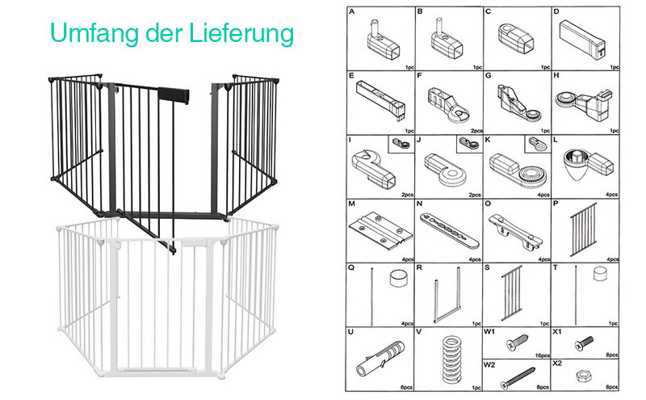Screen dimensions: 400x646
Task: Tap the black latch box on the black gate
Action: [175, 94]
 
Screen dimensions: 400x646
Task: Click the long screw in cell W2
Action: [518, 374]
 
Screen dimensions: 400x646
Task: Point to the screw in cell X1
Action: [584, 343]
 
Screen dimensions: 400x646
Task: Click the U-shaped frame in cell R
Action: [447, 294]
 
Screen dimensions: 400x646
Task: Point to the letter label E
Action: [351, 76]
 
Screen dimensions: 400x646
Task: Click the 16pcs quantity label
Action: [540, 355]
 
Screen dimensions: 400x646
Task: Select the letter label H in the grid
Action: [558, 76]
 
